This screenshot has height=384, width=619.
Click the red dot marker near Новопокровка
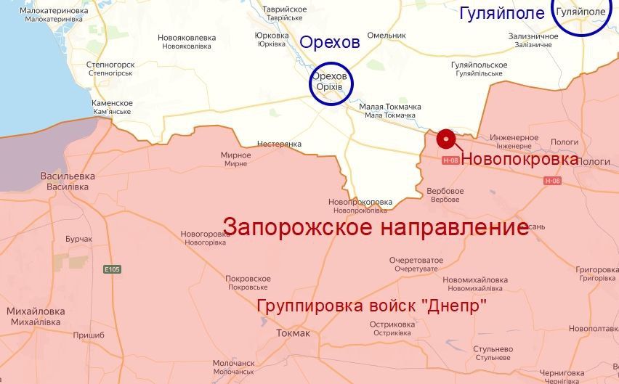click(x=446, y=139)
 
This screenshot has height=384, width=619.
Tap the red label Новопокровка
click(x=520, y=159)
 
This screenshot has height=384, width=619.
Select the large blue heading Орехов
click(x=330, y=43)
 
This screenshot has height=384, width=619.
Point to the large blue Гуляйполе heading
click(x=502, y=13)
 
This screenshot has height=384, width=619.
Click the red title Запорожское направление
click(x=376, y=227)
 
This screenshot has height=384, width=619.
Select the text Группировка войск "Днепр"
click(x=372, y=306)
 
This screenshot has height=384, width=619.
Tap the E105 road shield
click(x=112, y=269)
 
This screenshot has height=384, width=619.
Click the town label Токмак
click(x=294, y=333)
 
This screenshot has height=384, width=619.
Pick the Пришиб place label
click(x=89, y=335)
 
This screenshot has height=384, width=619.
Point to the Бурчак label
click(x=78, y=239)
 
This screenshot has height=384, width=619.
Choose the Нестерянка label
click(x=279, y=144)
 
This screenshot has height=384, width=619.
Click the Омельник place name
click(x=387, y=35)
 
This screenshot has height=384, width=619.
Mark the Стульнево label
click(x=493, y=349)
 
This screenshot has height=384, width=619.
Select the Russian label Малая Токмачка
click(x=390, y=107)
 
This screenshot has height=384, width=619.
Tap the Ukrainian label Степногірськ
click(x=110, y=73)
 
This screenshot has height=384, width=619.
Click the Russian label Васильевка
click(x=68, y=176)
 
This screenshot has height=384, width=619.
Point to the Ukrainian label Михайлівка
click(x=36, y=322)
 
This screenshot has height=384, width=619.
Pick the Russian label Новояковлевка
click(x=187, y=37)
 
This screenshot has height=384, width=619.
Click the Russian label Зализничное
click(x=533, y=36)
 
